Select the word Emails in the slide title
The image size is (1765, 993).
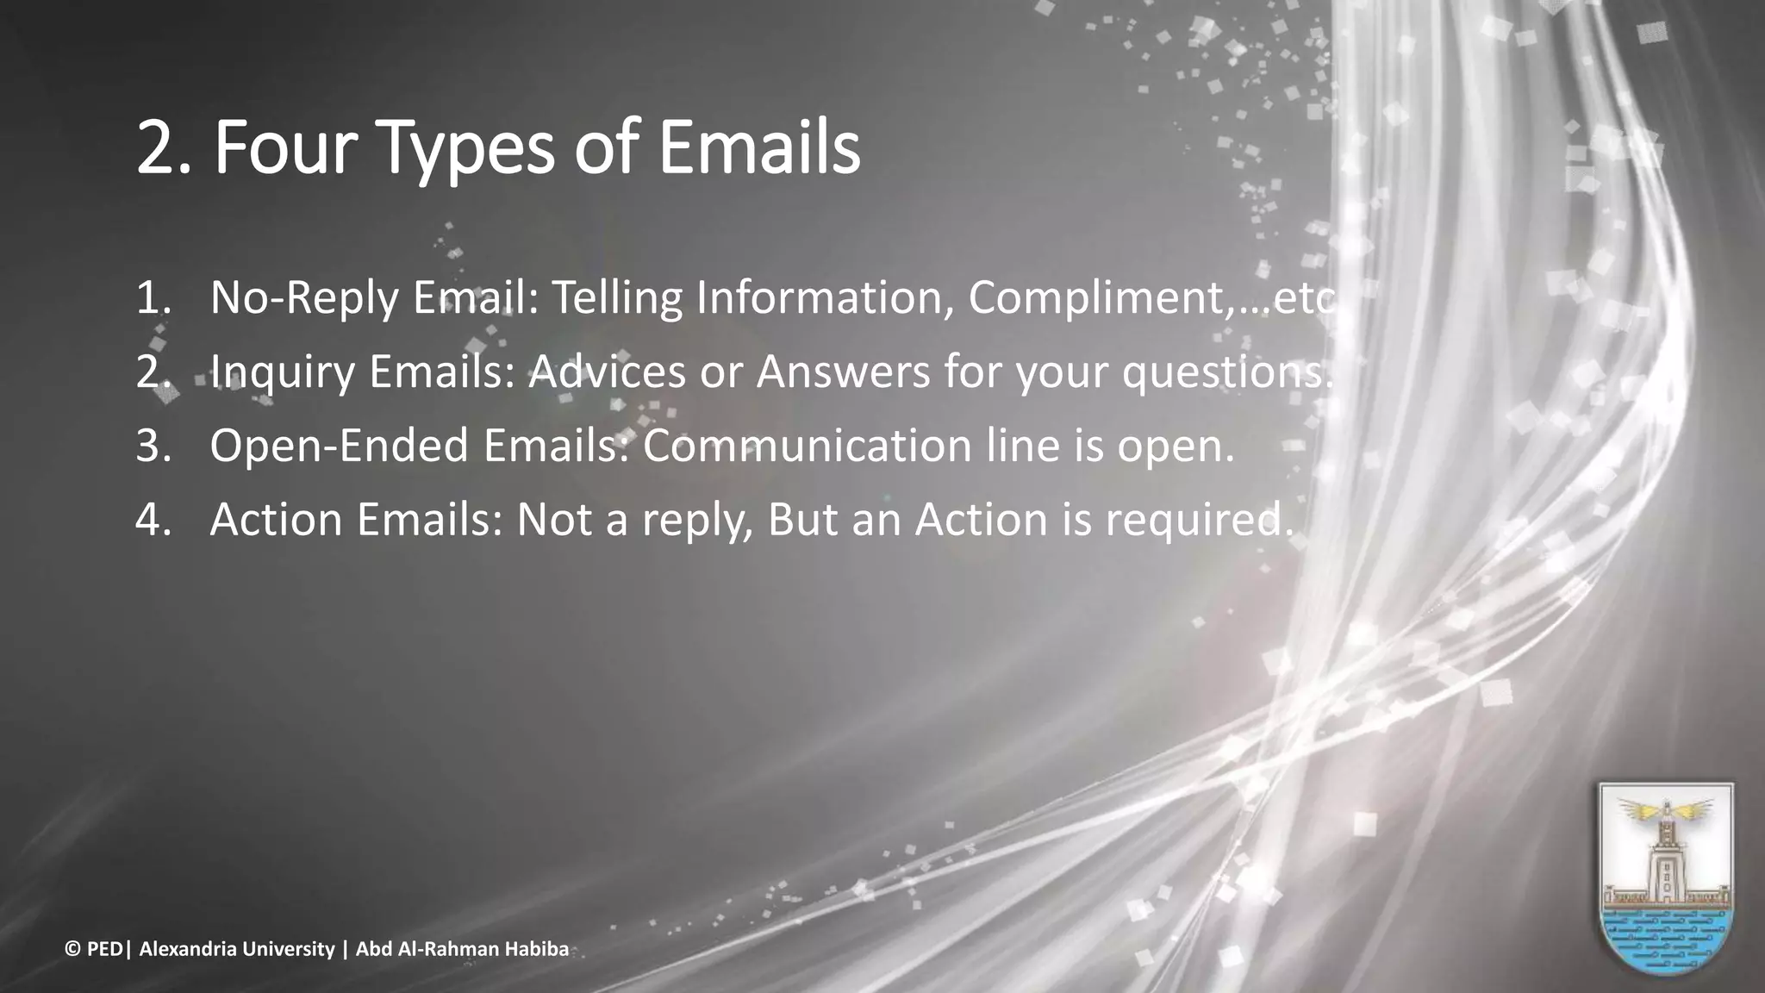pyautogui.click(x=760, y=149)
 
